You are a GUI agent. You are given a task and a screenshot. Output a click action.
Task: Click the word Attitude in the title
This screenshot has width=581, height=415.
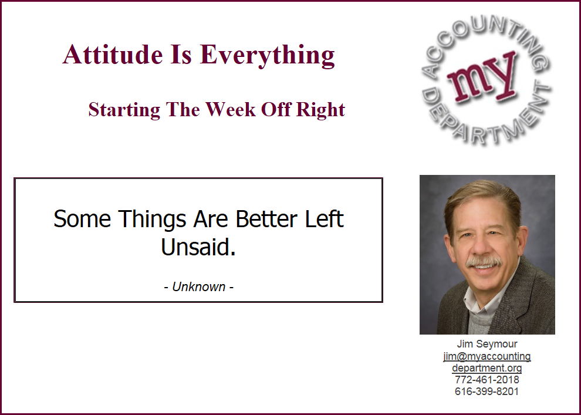point(113,55)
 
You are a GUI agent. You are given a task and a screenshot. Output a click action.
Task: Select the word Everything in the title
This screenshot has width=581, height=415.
point(267,56)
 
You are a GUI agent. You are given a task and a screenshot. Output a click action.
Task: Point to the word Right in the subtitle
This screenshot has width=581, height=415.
point(320,110)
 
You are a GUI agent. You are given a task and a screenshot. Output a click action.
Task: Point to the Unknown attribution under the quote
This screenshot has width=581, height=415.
point(198,287)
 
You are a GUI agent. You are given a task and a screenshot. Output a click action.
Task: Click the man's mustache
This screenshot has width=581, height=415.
point(484,262)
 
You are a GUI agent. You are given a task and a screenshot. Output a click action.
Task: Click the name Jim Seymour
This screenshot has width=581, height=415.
point(487,344)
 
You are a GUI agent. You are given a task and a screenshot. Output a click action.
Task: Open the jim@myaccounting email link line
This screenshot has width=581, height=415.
point(487,356)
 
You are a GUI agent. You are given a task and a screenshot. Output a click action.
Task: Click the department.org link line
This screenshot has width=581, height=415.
point(487,368)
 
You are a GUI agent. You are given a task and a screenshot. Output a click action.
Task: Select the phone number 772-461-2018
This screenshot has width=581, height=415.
point(487,380)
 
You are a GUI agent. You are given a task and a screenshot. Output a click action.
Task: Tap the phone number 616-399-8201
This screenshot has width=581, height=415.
point(487,392)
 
